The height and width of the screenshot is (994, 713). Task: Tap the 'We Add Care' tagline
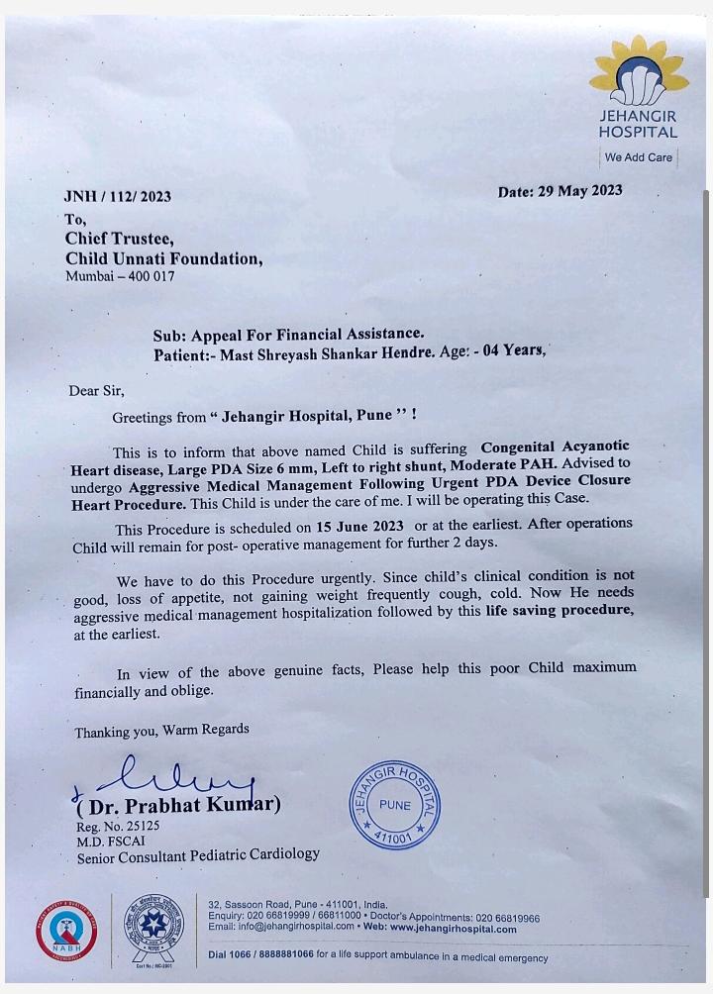coord(639,157)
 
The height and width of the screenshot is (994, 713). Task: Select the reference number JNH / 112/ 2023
coord(117,196)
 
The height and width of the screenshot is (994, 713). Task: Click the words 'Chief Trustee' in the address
coord(120,239)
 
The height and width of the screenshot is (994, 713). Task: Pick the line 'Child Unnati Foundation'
coord(164,259)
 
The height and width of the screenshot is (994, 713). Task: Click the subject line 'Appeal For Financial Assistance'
coord(303,335)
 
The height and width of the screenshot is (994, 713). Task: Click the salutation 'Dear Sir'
coord(97,391)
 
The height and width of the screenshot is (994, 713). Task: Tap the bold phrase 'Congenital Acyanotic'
coord(555,447)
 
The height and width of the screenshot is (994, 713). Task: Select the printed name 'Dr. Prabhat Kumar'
coord(182,805)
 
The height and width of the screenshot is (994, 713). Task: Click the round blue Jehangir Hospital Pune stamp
coord(394,804)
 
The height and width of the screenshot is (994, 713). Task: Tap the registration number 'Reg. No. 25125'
coord(118,826)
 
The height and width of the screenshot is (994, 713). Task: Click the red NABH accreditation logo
coord(67,931)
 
